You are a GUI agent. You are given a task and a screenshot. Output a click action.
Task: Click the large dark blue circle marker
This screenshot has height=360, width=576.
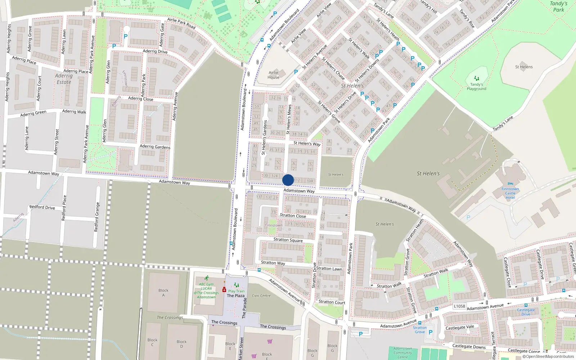pos(288,180)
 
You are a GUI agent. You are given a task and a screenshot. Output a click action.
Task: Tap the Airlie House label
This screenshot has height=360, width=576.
pos(274,75)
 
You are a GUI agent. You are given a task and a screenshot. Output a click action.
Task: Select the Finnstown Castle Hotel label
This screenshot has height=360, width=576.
pos(510,193)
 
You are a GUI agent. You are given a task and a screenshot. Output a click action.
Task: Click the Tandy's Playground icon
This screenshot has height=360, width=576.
pos(477,78)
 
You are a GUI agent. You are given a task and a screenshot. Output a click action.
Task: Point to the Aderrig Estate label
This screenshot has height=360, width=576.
pos(64,79)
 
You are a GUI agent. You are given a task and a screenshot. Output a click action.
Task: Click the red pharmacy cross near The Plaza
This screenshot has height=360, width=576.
pos(224,290)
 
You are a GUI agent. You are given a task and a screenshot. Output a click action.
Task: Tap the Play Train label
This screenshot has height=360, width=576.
pos(236,291)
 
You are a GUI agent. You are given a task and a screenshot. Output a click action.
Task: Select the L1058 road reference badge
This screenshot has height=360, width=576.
pos(459,306)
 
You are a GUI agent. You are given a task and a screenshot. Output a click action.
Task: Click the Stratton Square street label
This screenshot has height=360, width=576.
pos(288,240)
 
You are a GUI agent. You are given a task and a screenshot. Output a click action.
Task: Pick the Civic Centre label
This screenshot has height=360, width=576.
pos(261,296)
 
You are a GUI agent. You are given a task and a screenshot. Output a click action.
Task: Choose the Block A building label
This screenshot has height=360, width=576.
pos(163,293)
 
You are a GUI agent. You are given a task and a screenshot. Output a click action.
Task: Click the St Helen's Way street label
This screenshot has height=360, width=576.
pos(307,143)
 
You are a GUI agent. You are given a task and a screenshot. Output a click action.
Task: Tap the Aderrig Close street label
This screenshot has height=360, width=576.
pos(140,99)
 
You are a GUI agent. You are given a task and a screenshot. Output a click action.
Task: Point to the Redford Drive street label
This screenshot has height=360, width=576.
pos(42,207)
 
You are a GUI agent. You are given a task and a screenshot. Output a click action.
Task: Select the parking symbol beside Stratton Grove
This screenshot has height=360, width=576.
pos(431,332)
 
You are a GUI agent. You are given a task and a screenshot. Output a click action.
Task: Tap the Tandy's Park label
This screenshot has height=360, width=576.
pos(558,6)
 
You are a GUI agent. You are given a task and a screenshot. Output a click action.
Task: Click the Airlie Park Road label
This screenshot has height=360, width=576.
pos(181,23)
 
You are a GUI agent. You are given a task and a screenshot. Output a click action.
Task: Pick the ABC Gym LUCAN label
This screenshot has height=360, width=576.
pos(206,286)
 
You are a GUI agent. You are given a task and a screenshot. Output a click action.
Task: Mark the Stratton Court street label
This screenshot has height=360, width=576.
pos(332,302)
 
